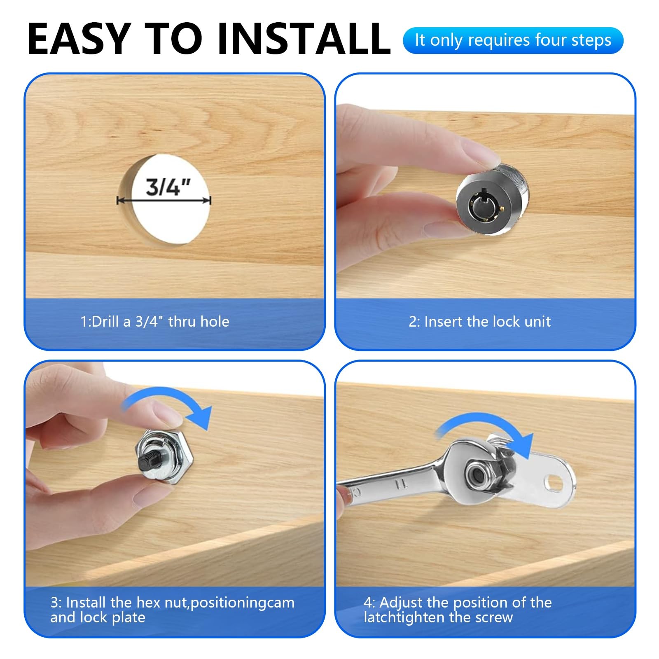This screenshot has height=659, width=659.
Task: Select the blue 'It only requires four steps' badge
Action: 513,40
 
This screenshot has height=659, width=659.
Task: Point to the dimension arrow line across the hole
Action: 164,201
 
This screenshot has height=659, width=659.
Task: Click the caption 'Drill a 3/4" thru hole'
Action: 160,321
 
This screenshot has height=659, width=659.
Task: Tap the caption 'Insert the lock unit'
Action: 487,321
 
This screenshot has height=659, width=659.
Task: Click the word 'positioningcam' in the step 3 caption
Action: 243,603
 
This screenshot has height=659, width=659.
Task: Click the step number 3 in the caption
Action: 54,603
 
